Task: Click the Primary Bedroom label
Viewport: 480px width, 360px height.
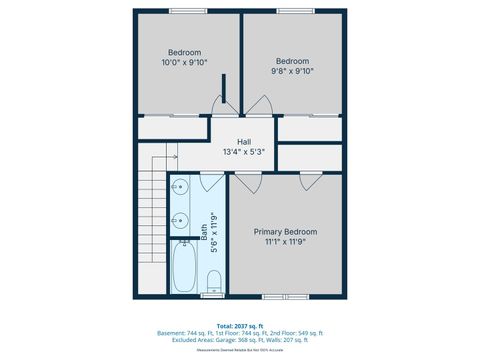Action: coord(285,231)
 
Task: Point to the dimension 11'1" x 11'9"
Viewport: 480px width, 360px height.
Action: coord(285,242)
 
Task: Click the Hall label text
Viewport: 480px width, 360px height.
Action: coord(244,142)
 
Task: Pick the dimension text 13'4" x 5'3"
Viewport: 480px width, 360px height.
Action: coord(244,152)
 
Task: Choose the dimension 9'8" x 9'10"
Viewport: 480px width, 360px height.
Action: coord(293,71)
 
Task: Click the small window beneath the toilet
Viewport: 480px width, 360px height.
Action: coord(213,296)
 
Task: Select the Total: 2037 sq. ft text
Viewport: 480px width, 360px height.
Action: coord(240,325)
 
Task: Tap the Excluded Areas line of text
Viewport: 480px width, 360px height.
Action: coord(240,338)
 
